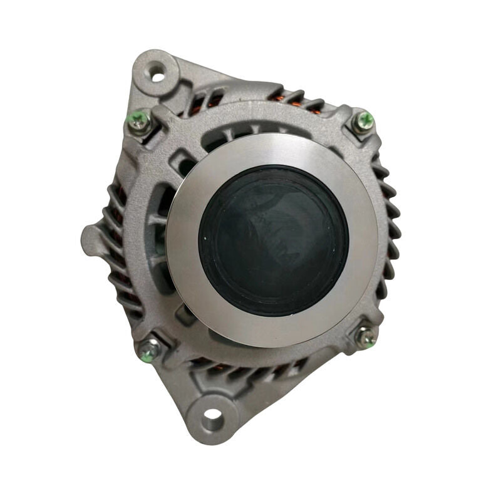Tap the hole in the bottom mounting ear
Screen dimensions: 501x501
[212, 415]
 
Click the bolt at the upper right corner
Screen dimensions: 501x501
[364, 121]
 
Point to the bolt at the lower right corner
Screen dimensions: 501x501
[366, 336]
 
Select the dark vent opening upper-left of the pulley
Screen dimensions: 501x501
[185, 164]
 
